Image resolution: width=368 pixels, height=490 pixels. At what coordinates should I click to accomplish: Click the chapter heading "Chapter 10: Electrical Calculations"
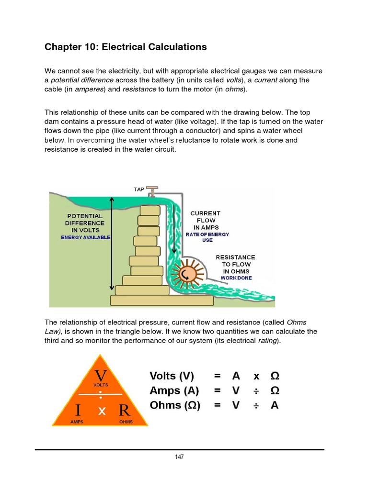[x=126, y=47]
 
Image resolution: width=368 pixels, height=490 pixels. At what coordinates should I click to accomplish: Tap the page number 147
[x=179, y=457]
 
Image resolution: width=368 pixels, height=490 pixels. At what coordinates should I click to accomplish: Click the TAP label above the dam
[x=139, y=189]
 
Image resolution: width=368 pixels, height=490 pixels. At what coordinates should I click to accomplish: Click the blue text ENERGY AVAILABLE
[x=85, y=237]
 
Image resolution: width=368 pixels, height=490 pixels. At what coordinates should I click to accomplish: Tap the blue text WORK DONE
[x=236, y=278]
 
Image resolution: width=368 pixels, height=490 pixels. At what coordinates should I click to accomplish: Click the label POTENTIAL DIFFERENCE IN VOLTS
[x=85, y=223]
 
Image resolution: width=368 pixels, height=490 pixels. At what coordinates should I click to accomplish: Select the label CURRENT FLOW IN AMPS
[x=205, y=220]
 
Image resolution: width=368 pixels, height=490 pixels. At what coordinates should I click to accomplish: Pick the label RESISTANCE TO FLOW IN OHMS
[x=235, y=264]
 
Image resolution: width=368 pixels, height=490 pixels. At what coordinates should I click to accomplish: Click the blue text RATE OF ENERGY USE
[x=207, y=237]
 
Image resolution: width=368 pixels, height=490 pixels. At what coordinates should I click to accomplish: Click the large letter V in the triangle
[x=101, y=373]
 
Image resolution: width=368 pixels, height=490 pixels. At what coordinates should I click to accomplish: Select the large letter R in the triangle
[x=125, y=410]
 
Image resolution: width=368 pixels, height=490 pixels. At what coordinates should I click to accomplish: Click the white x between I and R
[x=101, y=411]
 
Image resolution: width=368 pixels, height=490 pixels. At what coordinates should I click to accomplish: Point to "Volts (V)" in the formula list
[x=172, y=376]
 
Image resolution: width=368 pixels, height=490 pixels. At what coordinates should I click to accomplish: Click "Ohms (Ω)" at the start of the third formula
[x=174, y=405]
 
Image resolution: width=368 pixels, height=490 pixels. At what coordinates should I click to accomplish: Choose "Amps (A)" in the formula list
[x=172, y=390]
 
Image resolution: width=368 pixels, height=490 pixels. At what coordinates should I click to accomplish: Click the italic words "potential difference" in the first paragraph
[x=82, y=80]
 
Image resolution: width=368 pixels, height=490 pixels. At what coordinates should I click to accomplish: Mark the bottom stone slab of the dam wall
[x=161, y=300]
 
